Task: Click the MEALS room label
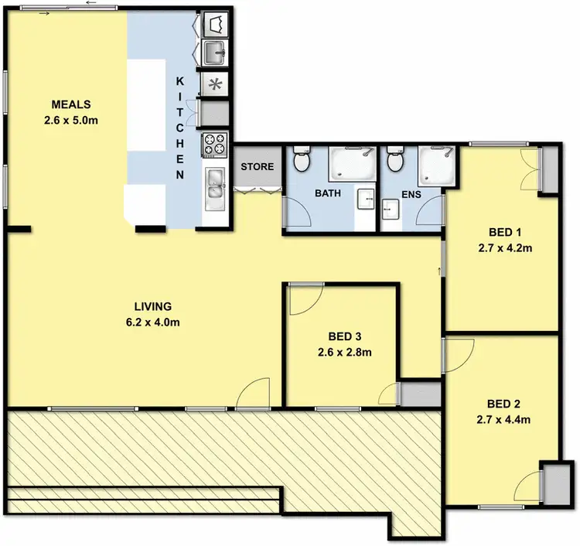pos(71,104)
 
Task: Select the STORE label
pos(257,167)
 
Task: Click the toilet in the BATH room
pos(302,160)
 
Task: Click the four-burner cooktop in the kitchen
pos(214,143)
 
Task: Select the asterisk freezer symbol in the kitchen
pos(214,84)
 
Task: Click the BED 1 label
pos(507,232)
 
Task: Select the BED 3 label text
pos(344,336)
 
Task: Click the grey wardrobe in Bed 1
pos(548,168)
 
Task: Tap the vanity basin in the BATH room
pos(365,200)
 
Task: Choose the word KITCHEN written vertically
pos(179,128)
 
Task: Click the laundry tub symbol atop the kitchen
pos(214,25)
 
